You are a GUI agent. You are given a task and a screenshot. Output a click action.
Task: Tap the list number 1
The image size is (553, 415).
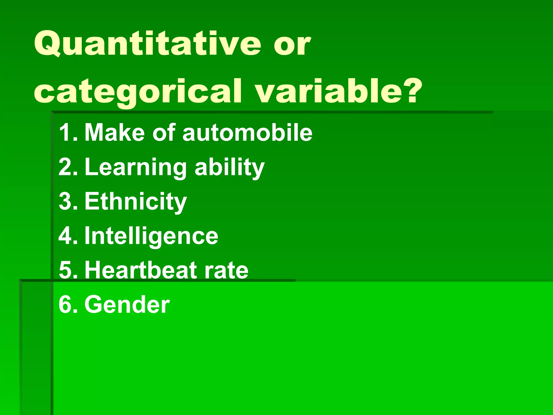(68, 132)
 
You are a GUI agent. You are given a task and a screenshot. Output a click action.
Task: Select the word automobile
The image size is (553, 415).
(247, 132)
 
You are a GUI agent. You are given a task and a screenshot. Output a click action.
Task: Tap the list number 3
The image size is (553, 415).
(68, 201)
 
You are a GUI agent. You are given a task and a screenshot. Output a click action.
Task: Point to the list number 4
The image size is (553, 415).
(68, 236)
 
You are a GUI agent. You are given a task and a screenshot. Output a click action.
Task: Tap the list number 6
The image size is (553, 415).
(68, 304)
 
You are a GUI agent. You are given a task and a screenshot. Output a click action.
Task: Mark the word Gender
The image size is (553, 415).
(127, 304)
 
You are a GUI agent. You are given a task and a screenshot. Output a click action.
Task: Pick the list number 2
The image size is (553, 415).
(68, 167)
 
